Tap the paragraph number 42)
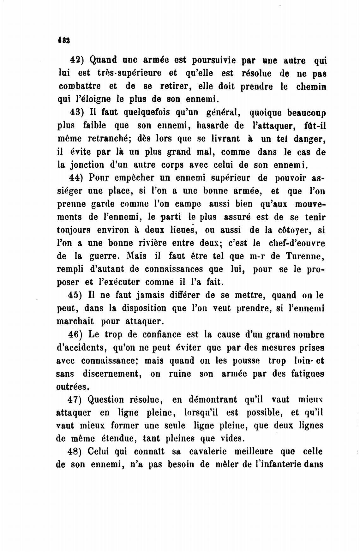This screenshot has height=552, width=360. pos(76,60)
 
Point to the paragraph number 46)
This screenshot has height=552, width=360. pos(75,334)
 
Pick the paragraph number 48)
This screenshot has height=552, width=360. pos(75,452)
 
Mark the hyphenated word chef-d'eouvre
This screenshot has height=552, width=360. pos(297,243)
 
